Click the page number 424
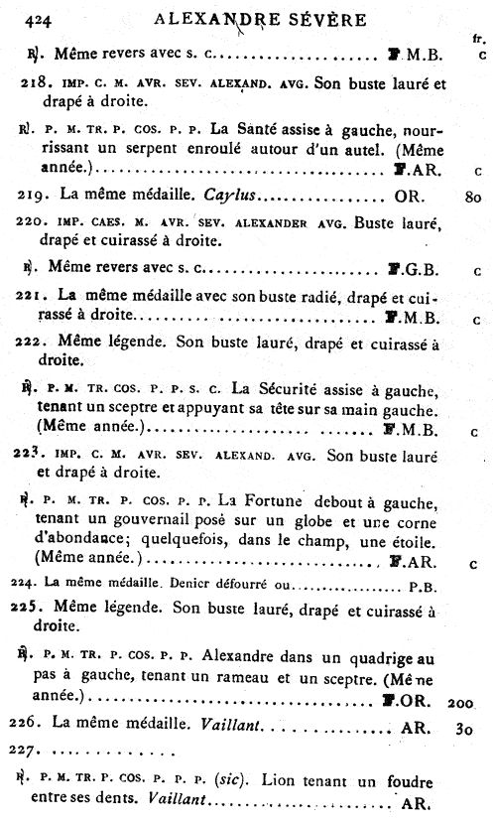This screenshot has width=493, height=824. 40,18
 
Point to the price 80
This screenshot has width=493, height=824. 472,198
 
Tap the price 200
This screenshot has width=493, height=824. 462,702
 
